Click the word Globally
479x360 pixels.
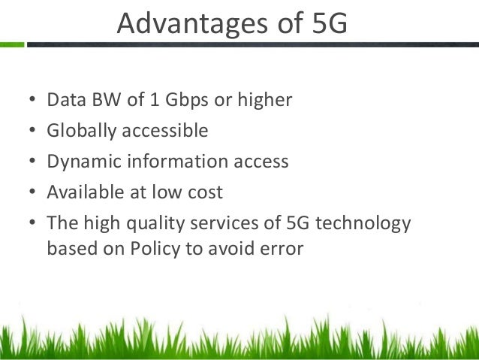pos(79,131)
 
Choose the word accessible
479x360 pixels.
pos(162,131)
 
